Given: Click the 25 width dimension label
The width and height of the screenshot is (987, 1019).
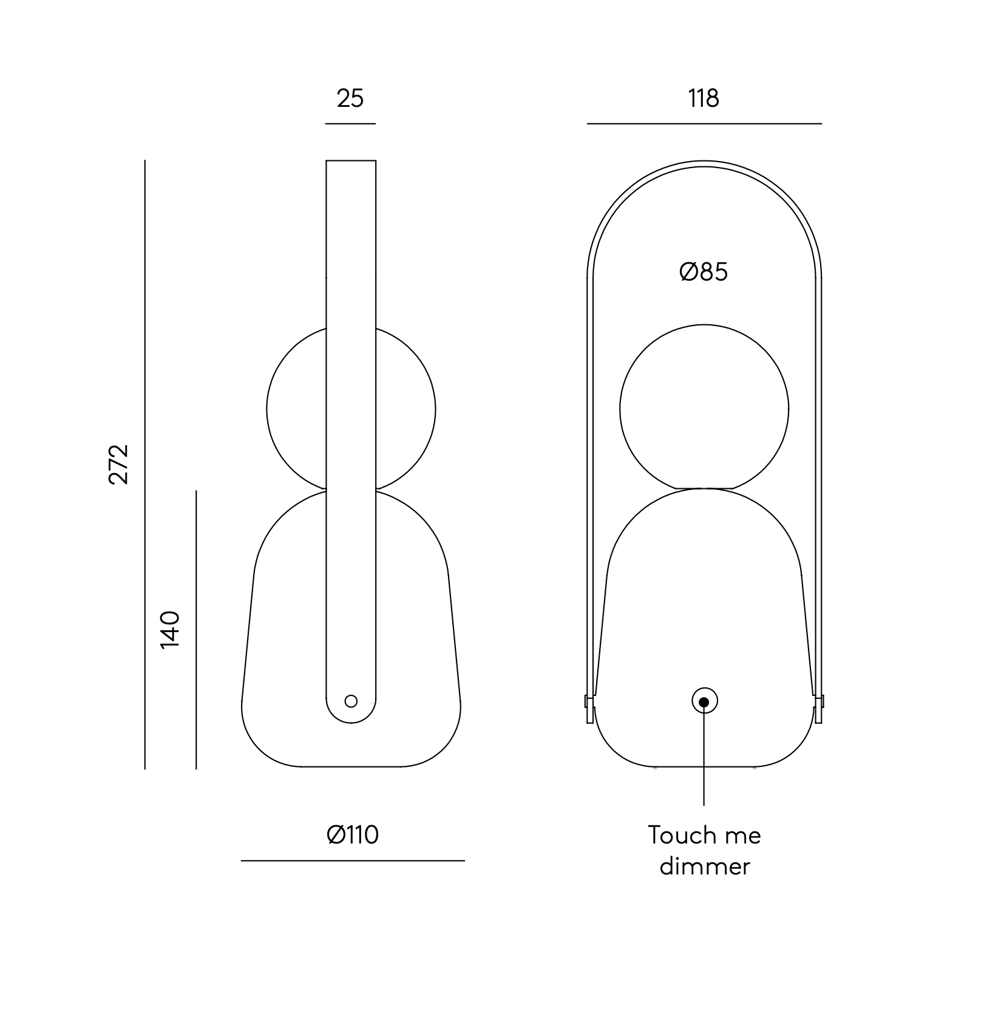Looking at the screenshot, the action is point(350,98).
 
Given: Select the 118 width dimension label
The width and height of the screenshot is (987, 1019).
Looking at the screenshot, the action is point(704,98).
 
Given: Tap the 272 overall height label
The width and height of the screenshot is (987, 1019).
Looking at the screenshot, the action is point(119,464).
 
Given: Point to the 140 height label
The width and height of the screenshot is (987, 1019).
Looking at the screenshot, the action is point(170,630).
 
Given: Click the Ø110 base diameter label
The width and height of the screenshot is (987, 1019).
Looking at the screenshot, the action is point(353,834).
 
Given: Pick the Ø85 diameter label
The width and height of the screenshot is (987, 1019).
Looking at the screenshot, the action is point(704,271).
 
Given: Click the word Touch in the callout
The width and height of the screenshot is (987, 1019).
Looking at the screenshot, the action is point(677,835).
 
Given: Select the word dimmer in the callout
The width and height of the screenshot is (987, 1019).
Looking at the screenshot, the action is point(705,866).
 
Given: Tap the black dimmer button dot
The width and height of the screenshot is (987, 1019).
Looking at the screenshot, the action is point(704,702).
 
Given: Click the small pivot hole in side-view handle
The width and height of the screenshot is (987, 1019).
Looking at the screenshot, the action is point(351,701).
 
